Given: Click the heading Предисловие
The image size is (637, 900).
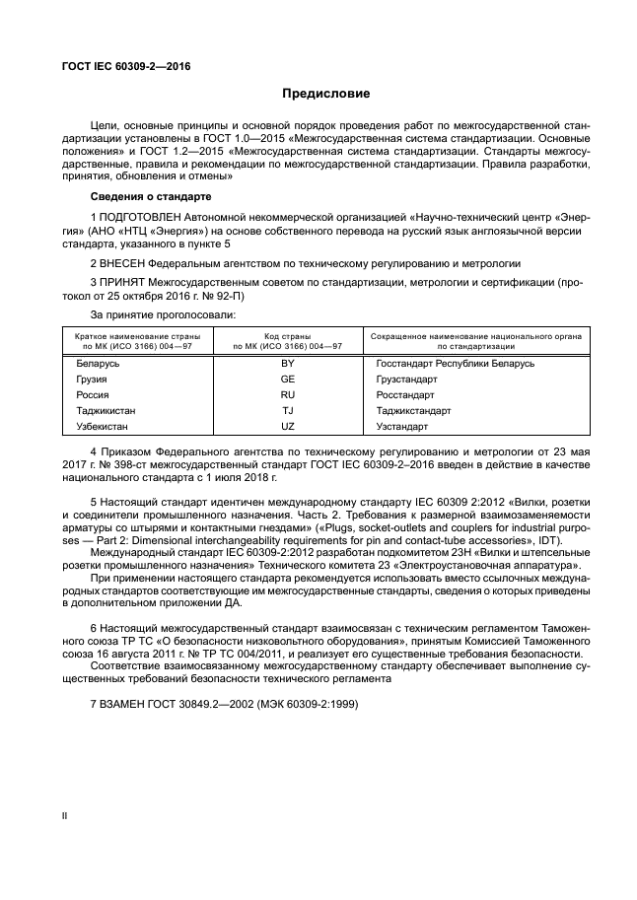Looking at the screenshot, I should click(x=325, y=95).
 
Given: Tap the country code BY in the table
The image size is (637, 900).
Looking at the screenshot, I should click(x=288, y=364).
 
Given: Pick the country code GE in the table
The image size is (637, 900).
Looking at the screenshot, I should click(x=288, y=380).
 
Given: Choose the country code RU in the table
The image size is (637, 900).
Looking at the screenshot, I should click(x=288, y=395).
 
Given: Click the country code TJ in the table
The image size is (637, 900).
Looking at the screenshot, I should click(x=288, y=411).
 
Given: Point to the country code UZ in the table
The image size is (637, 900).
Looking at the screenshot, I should click(x=288, y=427).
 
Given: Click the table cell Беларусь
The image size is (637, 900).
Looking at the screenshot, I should click(x=99, y=364).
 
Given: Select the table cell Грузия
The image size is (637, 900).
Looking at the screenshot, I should click(x=93, y=380).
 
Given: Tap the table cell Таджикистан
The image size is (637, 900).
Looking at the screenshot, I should click(x=106, y=411).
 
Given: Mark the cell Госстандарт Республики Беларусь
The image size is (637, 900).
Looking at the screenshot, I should click(x=455, y=364).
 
